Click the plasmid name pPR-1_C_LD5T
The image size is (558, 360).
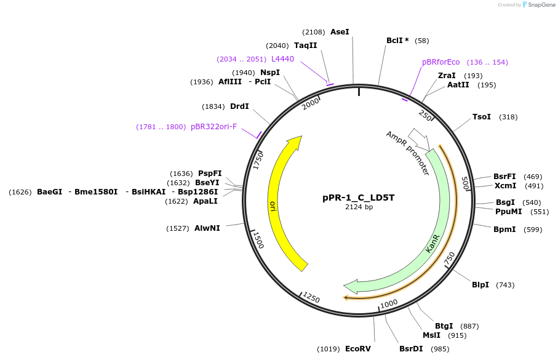pos(359,198)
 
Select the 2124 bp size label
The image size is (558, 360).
pos(359,207)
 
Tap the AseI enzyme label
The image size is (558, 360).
pos(340,31)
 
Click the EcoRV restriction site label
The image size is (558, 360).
pos(357,349)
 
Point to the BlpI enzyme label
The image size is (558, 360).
pos(480,284)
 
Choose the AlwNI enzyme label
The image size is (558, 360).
pos(207,228)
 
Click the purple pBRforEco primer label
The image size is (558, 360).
pos(440,62)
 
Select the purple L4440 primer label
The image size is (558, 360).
pos(282,59)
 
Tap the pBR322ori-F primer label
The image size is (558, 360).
pos(213,127)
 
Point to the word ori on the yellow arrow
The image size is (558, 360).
pos(273,206)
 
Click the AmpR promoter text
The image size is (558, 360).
pos(407,153)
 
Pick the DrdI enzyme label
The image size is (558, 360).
pos(239,106)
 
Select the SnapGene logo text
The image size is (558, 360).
pos(540,5)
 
